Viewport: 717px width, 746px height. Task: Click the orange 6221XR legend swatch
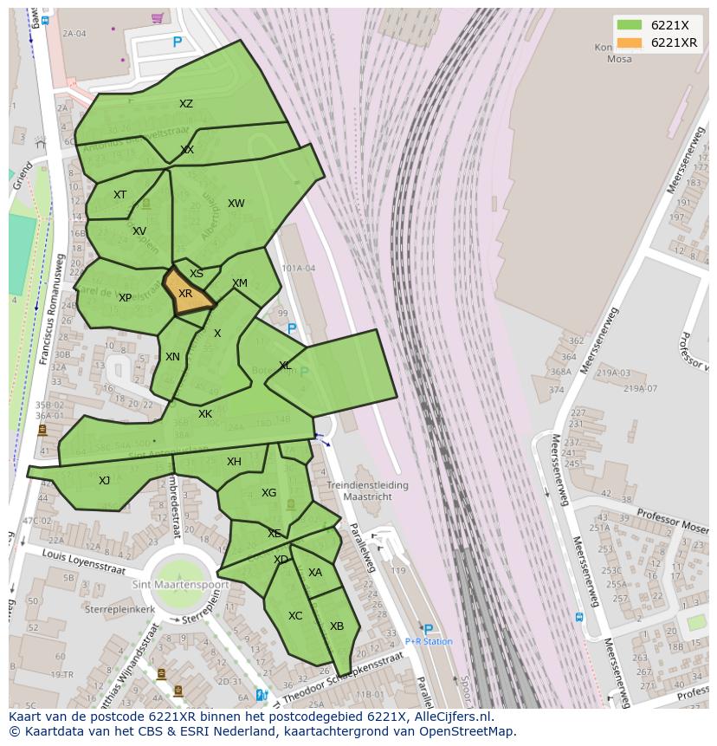(630, 43)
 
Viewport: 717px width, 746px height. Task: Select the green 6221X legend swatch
(630, 25)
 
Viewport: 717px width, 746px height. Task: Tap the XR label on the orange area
(185, 294)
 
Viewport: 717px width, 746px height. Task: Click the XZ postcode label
(186, 104)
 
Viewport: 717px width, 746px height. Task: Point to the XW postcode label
(236, 204)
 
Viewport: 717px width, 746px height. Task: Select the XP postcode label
(126, 298)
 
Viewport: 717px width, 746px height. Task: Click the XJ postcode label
(105, 481)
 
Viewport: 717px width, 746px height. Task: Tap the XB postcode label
(337, 626)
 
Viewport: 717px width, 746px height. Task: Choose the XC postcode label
(295, 616)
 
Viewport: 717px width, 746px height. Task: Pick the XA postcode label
(315, 573)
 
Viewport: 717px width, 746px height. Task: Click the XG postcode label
(269, 493)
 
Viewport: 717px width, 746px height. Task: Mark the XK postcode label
(205, 414)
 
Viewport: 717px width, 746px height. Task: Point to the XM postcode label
(240, 283)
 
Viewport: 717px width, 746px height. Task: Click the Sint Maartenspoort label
(180, 585)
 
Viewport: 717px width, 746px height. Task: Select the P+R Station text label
(429, 642)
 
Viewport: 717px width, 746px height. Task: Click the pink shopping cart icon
(157, 17)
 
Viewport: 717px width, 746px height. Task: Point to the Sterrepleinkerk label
(119, 609)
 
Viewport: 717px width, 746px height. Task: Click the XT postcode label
(120, 195)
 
